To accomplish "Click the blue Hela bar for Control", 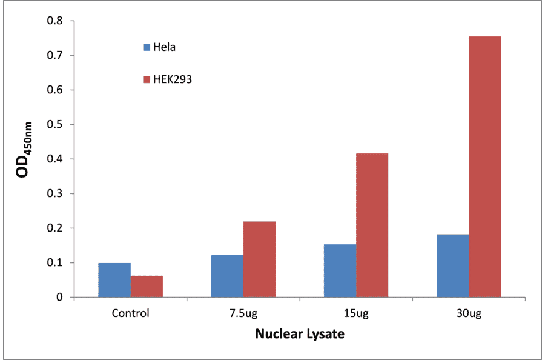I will point(114,280).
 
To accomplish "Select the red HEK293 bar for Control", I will point(147,287).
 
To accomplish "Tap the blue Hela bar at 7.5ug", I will point(227,276).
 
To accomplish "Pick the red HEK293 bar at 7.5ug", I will point(259,259).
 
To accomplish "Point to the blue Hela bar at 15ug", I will point(340,271).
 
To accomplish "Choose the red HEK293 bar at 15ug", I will point(372,225).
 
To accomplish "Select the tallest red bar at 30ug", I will point(484,167).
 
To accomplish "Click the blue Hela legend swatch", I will point(147,47).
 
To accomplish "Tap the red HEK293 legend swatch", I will point(147,79).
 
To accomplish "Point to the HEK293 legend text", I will point(173,79).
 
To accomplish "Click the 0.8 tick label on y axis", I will point(55,21).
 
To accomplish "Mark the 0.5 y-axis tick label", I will point(55,125).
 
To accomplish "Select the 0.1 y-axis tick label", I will point(55,263).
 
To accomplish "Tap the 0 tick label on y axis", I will point(59,298).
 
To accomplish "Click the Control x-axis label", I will point(130,314).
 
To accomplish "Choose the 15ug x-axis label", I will point(355,314).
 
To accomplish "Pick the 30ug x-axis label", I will point(469,314).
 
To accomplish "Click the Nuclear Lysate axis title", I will point(299,334).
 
